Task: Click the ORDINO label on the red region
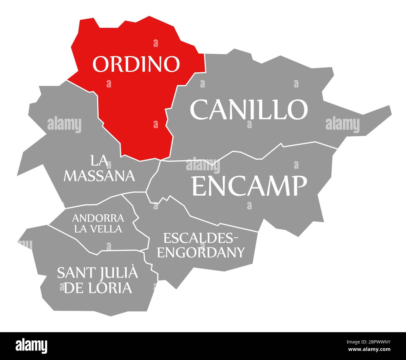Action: tap(136, 64)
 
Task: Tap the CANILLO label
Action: tap(249, 109)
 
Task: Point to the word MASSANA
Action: tap(99, 176)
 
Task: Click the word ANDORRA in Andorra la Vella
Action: tap(98, 217)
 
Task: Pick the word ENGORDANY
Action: tap(201, 252)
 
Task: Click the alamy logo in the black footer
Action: tap(32, 346)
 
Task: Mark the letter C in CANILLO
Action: tap(200, 109)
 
